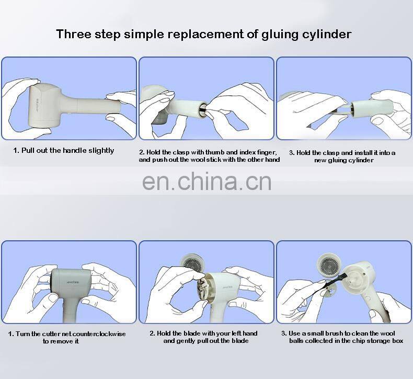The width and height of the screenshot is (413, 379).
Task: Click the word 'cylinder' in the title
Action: click(x=326, y=35)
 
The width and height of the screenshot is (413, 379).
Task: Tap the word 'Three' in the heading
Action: click(x=74, y=34)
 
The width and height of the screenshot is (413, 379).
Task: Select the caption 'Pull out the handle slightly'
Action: click(x=67, y=151)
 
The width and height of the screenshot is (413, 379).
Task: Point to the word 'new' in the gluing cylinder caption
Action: click(x=320, y=160)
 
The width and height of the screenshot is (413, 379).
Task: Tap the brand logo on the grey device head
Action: click(x=73, y=282)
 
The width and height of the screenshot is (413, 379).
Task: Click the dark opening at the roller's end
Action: click(x=202, y=108)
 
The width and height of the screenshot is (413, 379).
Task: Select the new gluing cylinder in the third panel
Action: click(x=372, y=108)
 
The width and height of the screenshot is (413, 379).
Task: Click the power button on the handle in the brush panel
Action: click(x=368, y=299)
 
